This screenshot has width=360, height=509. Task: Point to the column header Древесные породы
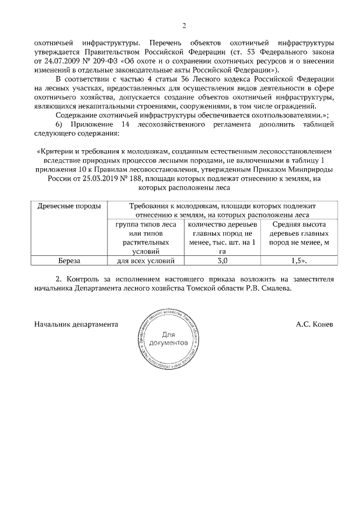[x=69, y=206]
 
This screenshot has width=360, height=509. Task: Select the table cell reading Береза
[x=69, y=261]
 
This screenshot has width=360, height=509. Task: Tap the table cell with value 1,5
[x=298, y=261]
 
